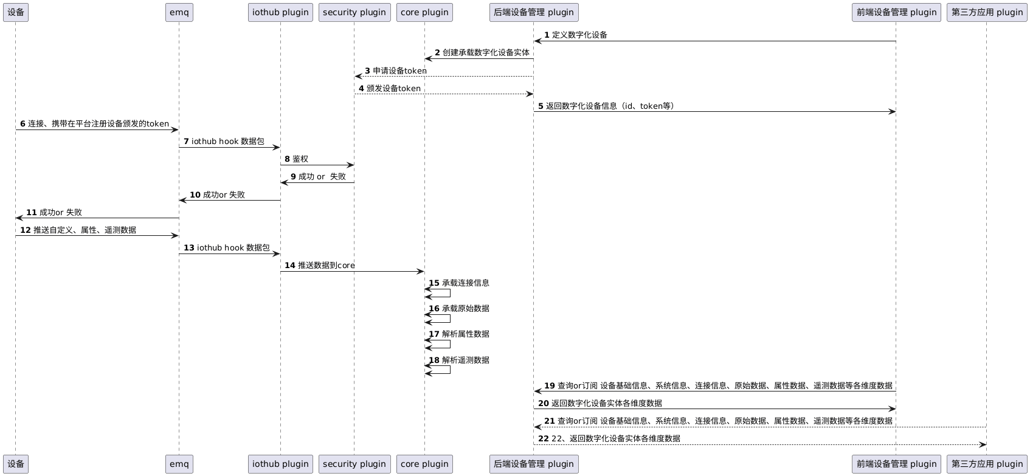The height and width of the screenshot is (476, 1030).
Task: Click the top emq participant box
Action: [x=179, y=12]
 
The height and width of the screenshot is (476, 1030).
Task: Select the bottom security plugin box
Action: [x=354, y=464]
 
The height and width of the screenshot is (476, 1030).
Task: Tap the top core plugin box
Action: [x=424, y=12]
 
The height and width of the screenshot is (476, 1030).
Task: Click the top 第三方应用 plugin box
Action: [x=987, y=12]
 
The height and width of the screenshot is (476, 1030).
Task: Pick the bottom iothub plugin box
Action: [x=280, y=464]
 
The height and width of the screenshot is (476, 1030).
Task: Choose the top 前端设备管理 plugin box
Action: [x=896, y=12]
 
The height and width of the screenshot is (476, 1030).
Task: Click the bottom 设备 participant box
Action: [x=16, y=464]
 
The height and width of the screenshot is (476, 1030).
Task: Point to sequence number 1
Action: [x=547, y=35]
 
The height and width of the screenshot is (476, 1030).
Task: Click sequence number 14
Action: [x=290, y=266]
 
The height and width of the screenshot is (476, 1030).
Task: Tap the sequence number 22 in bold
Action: [x=544, y=438]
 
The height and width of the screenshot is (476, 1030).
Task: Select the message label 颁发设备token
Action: [x=393, y=88]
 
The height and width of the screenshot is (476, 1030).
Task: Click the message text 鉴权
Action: [x=300, y=159]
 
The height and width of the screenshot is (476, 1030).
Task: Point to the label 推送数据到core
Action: [x=327, y=266]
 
